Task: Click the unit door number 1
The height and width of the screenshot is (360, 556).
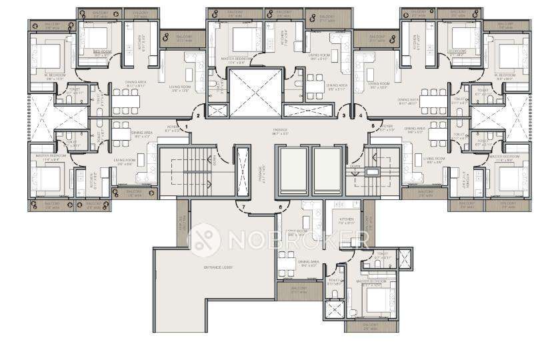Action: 188,126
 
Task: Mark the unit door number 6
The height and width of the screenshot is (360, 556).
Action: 280,207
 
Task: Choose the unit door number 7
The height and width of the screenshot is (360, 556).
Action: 245,207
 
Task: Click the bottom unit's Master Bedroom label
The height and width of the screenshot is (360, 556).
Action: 371,282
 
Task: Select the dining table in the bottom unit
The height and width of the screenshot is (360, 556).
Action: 287,271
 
